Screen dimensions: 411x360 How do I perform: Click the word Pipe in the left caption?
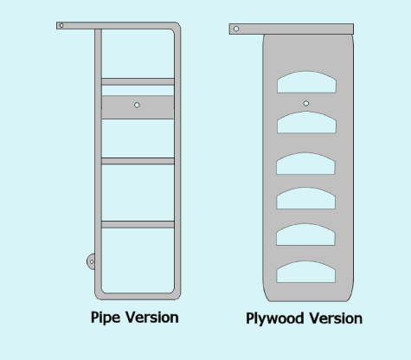pyautogui.click(x=106, y=318)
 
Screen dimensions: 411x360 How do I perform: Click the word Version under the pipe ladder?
pyautogui.click(x=152, y=318)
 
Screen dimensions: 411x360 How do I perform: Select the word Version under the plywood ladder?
pyautogui.click(x=336, y=318)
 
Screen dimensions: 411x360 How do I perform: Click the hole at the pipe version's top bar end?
pyautogui.click(x=61, y=26)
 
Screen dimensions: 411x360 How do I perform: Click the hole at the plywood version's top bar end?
pyautogui.click(x=236, y=29)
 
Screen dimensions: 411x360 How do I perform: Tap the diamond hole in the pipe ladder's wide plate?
pyautogui.click(x=137, y=105)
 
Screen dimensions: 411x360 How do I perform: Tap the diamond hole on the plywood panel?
pyautogui.click(x=306, y=103)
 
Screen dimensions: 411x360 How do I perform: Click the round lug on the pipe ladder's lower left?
pyautogui.click(x=91, y=261)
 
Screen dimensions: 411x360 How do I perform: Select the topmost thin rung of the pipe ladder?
pyautogui.click(x=138, y=81)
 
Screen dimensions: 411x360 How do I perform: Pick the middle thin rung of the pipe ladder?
pyautogui.click(x=138, y=161)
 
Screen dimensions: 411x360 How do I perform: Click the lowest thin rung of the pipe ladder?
pyautogui.click(x=138, y=225)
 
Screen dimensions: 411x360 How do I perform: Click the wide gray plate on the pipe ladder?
pyautogui.click(x=138, y=107)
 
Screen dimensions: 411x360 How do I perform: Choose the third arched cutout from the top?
pyautogui.click(x=305, y=164)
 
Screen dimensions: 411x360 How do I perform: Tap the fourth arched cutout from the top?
pyautogui.click(x=305, y=198)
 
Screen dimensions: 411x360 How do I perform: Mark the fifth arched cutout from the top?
pyautogui.click(x=305, y=235)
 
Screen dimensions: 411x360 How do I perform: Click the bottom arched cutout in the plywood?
pyautogui.click(x=305, y=272)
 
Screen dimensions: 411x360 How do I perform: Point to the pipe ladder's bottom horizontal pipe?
pyautogui.click(x=138, y=296)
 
